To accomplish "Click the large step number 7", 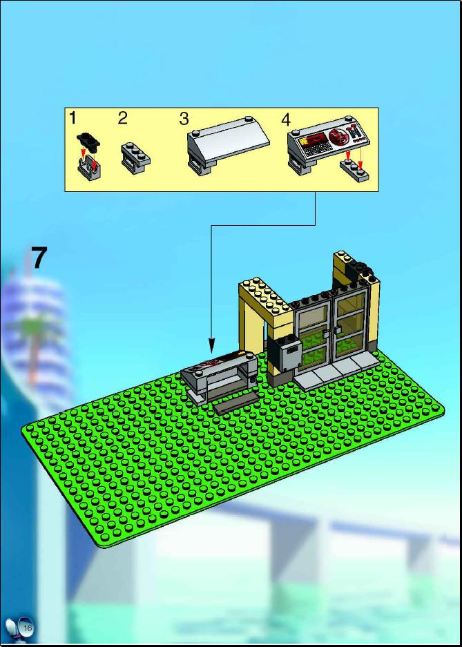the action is click(39, 258).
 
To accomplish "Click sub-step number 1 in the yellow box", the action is click(73, 119).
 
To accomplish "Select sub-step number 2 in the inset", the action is click(122, 119).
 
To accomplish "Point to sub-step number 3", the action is click(184, 119).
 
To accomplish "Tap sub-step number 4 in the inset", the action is click(286, 119).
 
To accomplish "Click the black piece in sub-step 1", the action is click(88, 140).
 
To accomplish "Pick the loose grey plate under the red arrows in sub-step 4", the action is click(354, 170).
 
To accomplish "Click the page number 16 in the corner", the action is click(28, 628).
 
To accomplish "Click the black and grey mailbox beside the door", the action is click(285, 354).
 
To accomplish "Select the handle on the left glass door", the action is click(326, 333).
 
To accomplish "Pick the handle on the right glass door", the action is click(338, 329).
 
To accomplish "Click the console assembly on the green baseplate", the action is click(220, 376).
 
